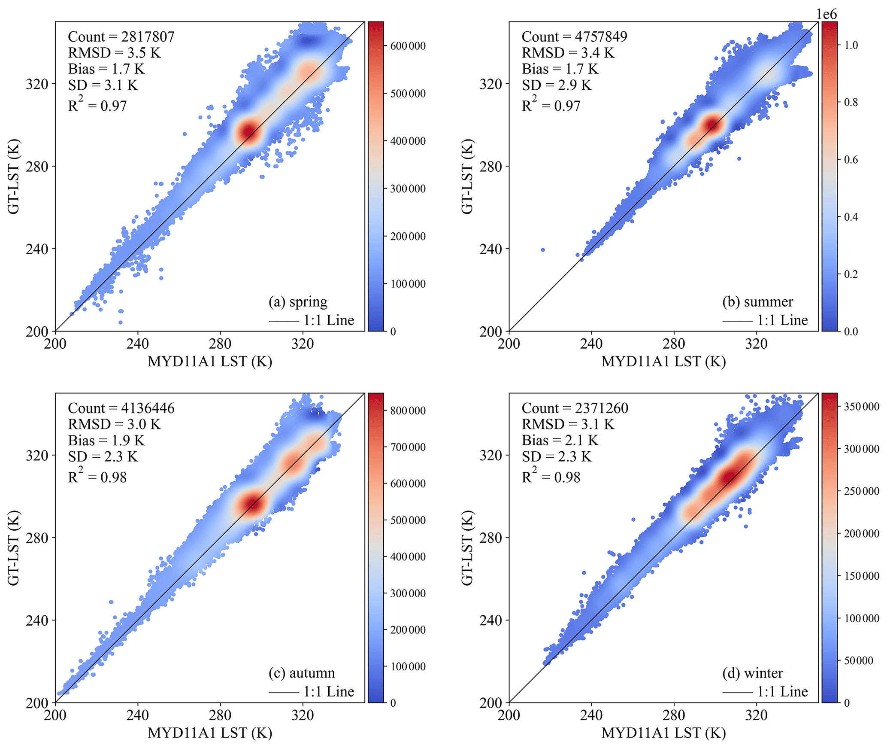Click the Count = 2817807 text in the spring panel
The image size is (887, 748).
(121, 37)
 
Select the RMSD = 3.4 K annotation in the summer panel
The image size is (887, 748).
(568, 53)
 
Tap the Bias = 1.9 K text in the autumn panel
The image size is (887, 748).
(106, 441)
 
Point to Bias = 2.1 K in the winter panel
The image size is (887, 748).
(560, 441)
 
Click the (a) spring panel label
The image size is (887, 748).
(298, 302)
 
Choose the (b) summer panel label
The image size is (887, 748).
(757, 302)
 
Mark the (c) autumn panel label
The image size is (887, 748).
(301, 673)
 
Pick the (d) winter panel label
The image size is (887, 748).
(752, 673)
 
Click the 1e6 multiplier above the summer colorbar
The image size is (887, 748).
(826, 15)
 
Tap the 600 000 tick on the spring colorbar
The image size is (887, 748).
(408, 46)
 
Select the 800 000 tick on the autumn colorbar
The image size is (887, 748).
(408, 410)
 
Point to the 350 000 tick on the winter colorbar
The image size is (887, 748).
(861, 406)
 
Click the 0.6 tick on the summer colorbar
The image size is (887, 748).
(851, 160)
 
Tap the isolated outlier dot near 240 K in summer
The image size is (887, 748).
(543, 250)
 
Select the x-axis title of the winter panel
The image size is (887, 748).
(663, 733)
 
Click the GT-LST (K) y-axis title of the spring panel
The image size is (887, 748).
(14, 176)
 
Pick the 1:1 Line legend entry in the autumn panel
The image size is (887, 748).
(312, 692)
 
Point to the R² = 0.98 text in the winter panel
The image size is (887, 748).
(551, 477)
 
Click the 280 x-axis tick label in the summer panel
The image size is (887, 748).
(674, 344)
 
